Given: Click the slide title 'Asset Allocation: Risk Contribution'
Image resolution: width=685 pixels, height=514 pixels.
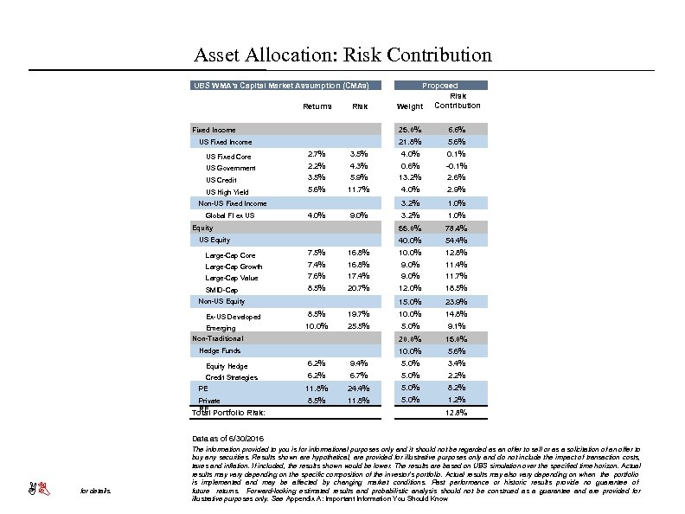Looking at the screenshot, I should coord(342,55).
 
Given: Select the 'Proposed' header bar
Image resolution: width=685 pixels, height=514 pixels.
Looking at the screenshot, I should coord(441,86).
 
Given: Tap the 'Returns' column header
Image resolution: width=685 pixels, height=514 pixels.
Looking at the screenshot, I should coord(317,106).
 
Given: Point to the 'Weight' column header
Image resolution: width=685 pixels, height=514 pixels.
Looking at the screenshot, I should coord(409,106).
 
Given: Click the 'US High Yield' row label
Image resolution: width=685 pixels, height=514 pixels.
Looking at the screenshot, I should coord(227,191).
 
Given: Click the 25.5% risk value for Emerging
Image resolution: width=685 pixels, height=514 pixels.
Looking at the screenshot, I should coord(359,326).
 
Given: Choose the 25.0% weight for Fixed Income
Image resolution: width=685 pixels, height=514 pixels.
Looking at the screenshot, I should coord(409,130).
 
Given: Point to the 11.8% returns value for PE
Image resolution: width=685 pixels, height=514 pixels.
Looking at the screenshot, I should coord(317,389).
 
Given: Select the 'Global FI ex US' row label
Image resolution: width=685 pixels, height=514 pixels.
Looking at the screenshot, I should coord(229,215).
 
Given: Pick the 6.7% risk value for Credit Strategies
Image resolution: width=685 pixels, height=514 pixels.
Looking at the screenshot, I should coord(359,376).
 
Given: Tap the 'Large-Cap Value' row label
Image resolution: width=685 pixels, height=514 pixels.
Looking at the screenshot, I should coord(231,278).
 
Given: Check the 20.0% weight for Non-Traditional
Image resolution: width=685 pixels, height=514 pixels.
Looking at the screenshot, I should coord(409,339).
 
